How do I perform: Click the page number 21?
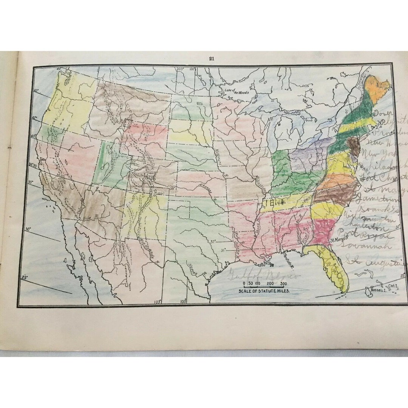coord(212,58)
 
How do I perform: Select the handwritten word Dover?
coord(383,113)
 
